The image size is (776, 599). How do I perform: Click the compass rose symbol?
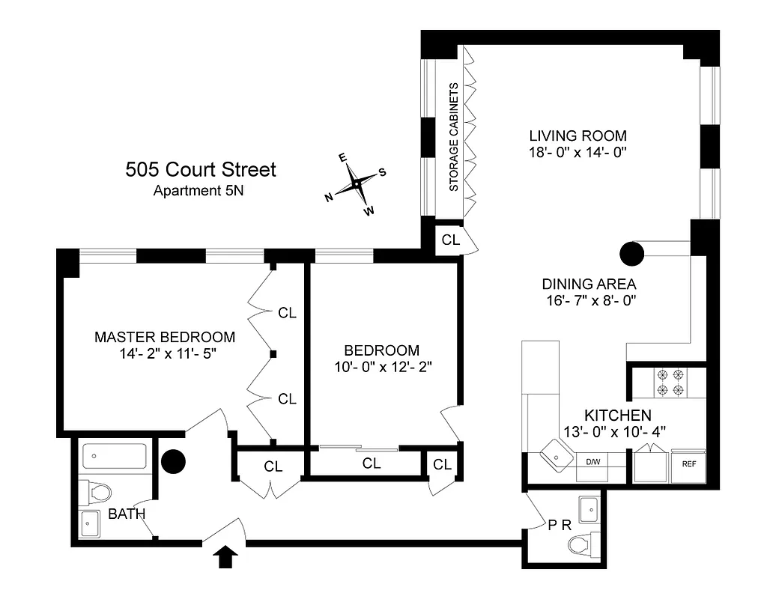(357, 183)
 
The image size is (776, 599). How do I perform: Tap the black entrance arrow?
(228, 558)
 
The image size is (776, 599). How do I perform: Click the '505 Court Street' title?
(200, 170)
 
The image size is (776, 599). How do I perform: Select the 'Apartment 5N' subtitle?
(198, 190)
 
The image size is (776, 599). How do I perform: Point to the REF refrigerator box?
(688, 464)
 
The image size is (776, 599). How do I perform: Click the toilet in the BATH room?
(97, 492)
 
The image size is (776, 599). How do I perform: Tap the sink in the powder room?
(589, 509)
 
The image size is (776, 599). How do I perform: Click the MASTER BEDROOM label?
(165, 337)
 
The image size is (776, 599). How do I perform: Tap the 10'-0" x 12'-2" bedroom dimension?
(381, 367)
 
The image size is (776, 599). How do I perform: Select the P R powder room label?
(560, 525)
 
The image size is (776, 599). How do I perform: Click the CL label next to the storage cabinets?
(450, 240)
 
